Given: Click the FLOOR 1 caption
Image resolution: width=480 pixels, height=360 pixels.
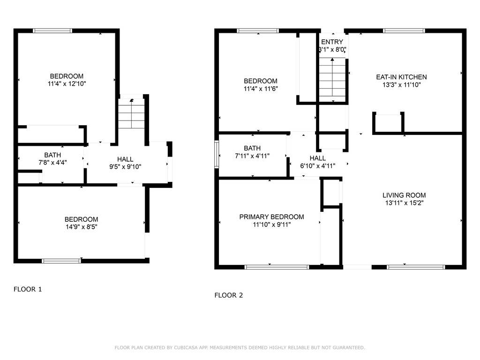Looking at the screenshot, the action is pos(28,289).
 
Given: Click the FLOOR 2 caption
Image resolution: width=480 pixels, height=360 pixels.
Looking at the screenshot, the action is pos(229,295).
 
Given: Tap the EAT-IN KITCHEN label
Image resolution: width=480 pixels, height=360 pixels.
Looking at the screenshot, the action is pos(401,77).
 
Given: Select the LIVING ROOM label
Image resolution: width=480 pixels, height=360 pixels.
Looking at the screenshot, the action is pos(404,195).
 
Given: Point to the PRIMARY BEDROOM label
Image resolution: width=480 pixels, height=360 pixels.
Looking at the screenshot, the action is pos(271,217).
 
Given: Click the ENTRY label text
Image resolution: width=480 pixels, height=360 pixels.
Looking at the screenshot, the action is pos(332,42).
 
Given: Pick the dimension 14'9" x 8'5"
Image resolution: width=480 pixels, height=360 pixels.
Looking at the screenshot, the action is pos(82,227).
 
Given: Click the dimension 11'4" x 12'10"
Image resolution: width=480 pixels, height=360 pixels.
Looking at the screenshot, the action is pos(67,83).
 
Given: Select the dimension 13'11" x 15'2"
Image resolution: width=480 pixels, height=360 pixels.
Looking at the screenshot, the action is pos(404,202).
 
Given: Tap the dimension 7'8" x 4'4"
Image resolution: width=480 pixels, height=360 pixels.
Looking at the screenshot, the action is pos(52,163).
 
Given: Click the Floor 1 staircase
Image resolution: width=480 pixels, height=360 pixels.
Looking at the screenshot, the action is pos(131,113).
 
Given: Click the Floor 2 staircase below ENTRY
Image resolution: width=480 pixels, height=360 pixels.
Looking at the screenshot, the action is pos(332,80).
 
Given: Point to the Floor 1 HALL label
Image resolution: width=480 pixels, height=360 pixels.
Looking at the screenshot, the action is pos(125,159).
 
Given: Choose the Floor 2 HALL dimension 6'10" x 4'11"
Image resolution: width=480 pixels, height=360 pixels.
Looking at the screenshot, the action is pos(318,166).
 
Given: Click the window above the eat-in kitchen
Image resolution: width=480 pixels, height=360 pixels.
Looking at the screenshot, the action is pos(404,30).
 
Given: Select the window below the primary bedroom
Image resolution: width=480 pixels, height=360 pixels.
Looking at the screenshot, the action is pos(277,267).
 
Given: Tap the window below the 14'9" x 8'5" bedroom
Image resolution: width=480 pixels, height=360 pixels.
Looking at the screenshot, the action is pos(61,261).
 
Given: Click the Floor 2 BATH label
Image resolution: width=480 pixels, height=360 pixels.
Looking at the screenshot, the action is pos(252,149).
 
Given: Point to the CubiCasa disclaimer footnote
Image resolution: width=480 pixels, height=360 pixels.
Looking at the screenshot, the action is pos(240,348).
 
